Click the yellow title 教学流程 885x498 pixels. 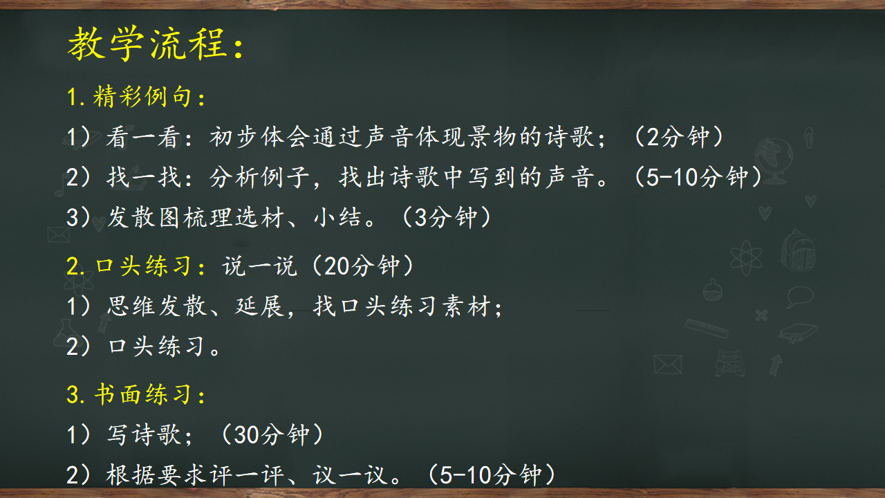pos(147,44)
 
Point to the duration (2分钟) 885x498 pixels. pos(679,137)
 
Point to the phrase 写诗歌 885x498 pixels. pos(144,434)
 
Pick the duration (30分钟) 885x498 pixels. pos(272,434)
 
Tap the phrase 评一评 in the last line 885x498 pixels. pos(247,474)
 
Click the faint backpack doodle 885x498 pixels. pos(798,250)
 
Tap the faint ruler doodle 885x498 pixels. pos(707,328)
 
